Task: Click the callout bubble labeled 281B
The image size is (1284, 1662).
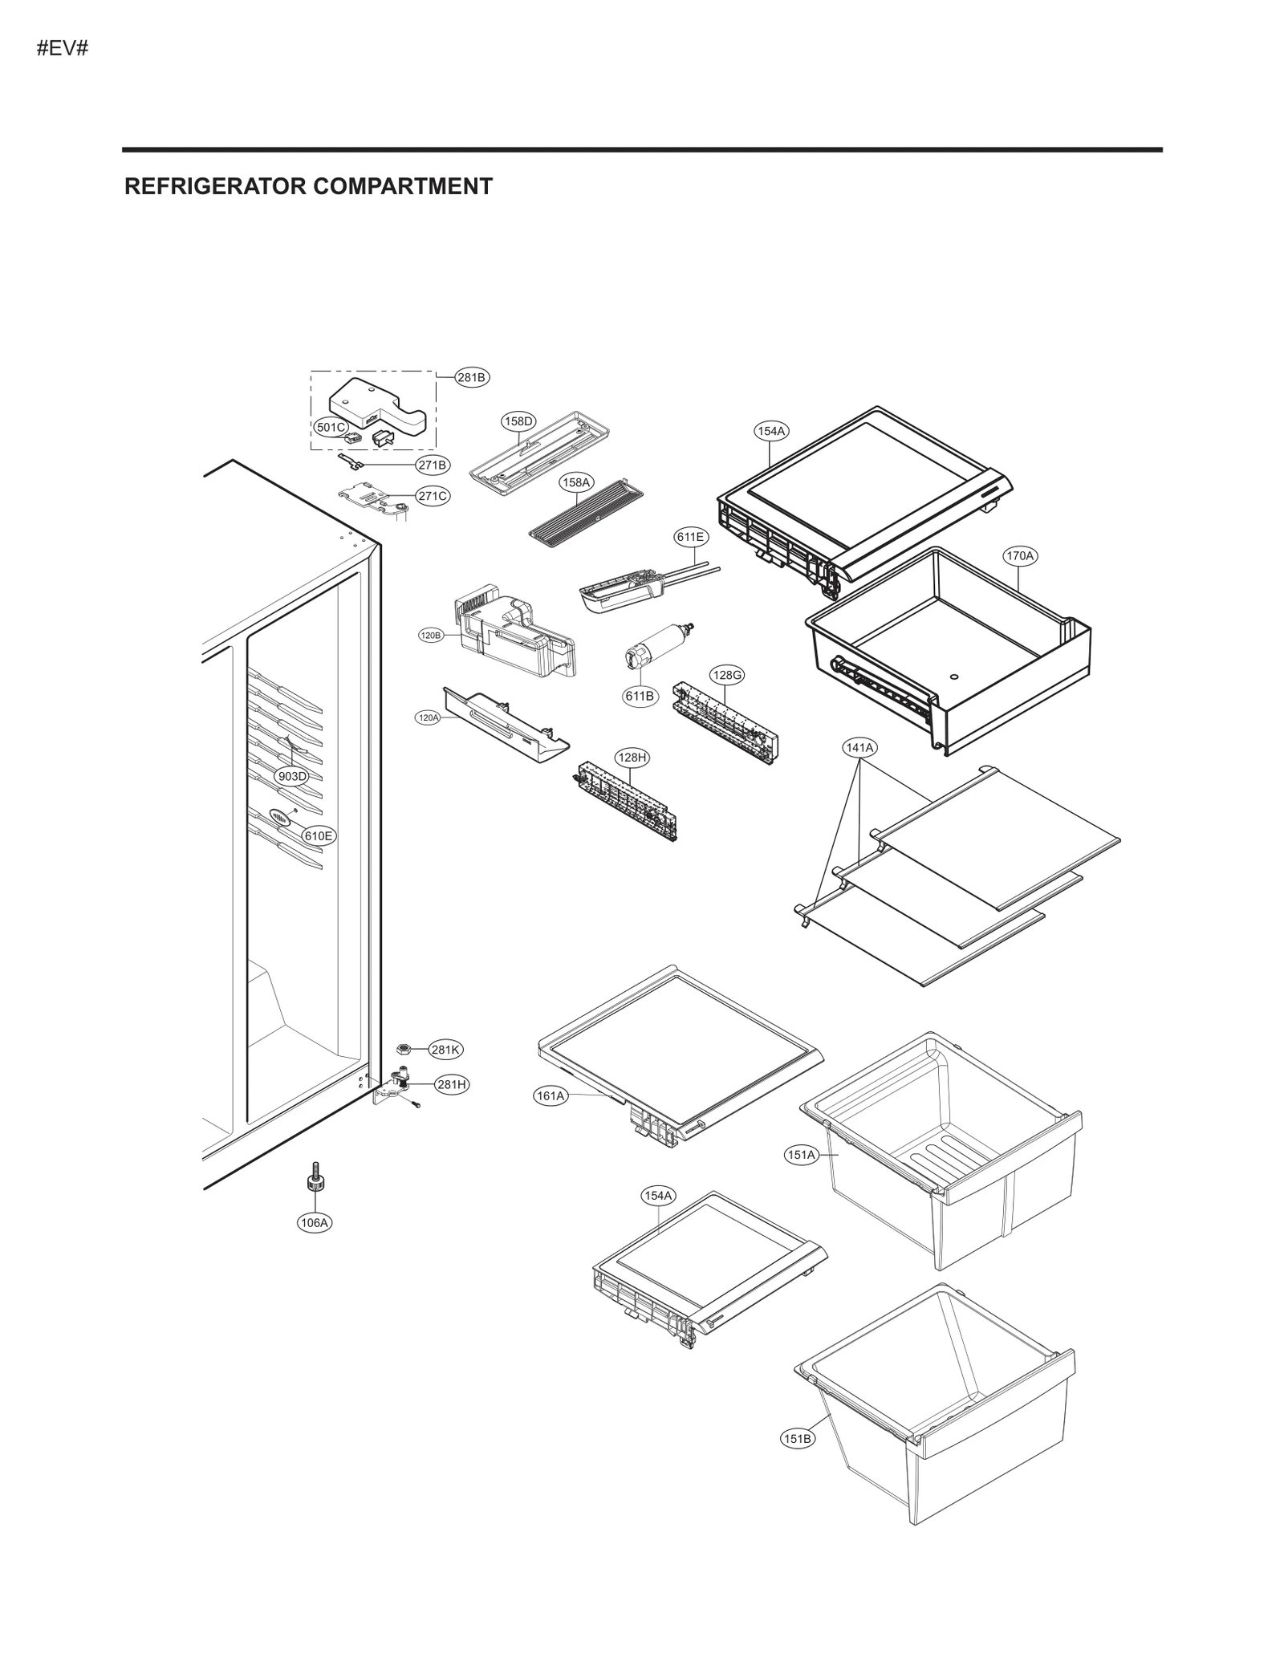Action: click(472, 377)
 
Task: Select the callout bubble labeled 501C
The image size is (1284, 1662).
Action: click(330, 427)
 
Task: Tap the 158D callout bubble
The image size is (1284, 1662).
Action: click(518, 421)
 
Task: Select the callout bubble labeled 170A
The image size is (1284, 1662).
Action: click(1020, 555)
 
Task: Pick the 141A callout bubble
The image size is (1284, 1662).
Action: click(859, 747)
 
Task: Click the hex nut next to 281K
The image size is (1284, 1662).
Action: click(405, 1049)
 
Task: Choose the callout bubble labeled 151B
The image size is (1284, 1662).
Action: click(797, 1439)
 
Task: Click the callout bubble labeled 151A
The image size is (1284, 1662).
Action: click(801, 1155)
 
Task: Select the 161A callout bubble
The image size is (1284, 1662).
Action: click(551, 1095)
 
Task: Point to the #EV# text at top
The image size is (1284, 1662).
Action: click(62, 49)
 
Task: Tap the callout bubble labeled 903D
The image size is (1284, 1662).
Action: click(291, 776)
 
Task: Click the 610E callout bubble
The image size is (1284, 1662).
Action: click(318, 835)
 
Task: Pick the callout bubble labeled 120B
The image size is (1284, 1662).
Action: click(431, 636)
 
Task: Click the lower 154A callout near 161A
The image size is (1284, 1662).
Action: click(658, 1218)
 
